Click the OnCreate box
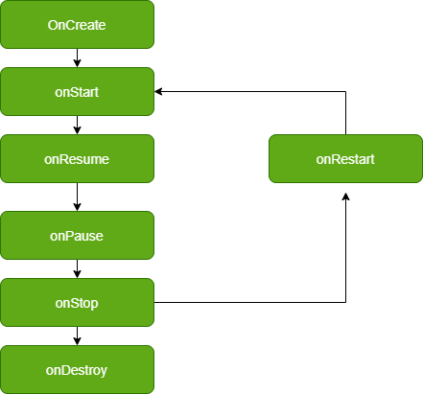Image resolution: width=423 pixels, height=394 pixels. (77, 24)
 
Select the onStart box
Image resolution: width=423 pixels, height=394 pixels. (77, 91)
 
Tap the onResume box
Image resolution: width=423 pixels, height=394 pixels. (77, 158)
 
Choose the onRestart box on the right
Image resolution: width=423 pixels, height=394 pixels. (345, 158)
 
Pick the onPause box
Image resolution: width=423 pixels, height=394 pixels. (77, 235)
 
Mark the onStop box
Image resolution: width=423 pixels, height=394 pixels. (77, 302)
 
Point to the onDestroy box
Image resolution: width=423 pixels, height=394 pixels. (77, 369)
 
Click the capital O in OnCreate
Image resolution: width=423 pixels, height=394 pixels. (53, 25)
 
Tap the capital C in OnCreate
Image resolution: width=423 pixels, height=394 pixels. (70, 25)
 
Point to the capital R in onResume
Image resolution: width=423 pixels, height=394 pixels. (64, 159)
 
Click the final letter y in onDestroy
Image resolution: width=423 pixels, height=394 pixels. (104, 371)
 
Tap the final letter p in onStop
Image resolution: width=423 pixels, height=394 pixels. (94, 304)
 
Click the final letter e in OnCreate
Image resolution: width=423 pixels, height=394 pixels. (102, 25)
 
